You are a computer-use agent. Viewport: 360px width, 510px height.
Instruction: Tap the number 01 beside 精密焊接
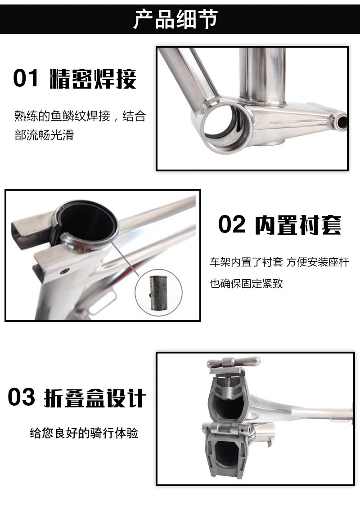(26, 78)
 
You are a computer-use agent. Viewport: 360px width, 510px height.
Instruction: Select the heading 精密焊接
(93, 79)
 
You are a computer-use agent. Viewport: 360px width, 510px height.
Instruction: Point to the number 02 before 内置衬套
(231, 224)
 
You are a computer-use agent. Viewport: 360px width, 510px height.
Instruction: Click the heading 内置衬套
(298, 225)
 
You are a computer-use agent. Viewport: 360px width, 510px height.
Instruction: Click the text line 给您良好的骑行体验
(84, 433)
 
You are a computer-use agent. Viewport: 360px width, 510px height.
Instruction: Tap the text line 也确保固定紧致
(247, 283)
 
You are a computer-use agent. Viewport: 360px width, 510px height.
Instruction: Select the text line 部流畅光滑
(44, 134)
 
